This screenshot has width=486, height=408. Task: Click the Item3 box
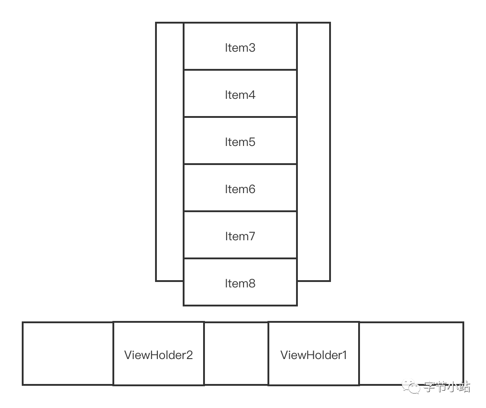[x=240, y=47]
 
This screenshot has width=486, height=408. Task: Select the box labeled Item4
[x=240, y=94]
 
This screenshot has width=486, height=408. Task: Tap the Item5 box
[x=240, y=141]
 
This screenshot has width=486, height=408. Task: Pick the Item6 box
[x=240, y=188]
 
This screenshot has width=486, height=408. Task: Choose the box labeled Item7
[x=240, y=235]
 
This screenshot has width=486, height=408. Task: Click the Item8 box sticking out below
[x=240, y=282]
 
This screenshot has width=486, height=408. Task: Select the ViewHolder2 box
[x=158, y=354]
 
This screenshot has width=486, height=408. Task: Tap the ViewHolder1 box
[x=314, y=354]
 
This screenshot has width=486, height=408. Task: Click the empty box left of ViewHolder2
[x=68, y=354]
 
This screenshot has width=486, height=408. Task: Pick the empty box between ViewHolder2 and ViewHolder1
[x=236, y=354]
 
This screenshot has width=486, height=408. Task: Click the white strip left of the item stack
[x=170, y=152]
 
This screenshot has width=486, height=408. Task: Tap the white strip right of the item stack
[x=313, y=152]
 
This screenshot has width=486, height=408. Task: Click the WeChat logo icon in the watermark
[x=412, y=387]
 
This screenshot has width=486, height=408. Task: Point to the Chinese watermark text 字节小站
[x=447, y=387]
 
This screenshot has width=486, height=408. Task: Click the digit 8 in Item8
[x=252, y=283]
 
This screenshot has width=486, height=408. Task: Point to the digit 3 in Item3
[x=252, y=48]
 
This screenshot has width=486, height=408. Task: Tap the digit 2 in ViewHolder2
[x=190, y=355]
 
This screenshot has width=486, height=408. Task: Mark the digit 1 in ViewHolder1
[x=344, y=355]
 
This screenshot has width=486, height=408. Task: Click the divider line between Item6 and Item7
[x=240, y=211]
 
